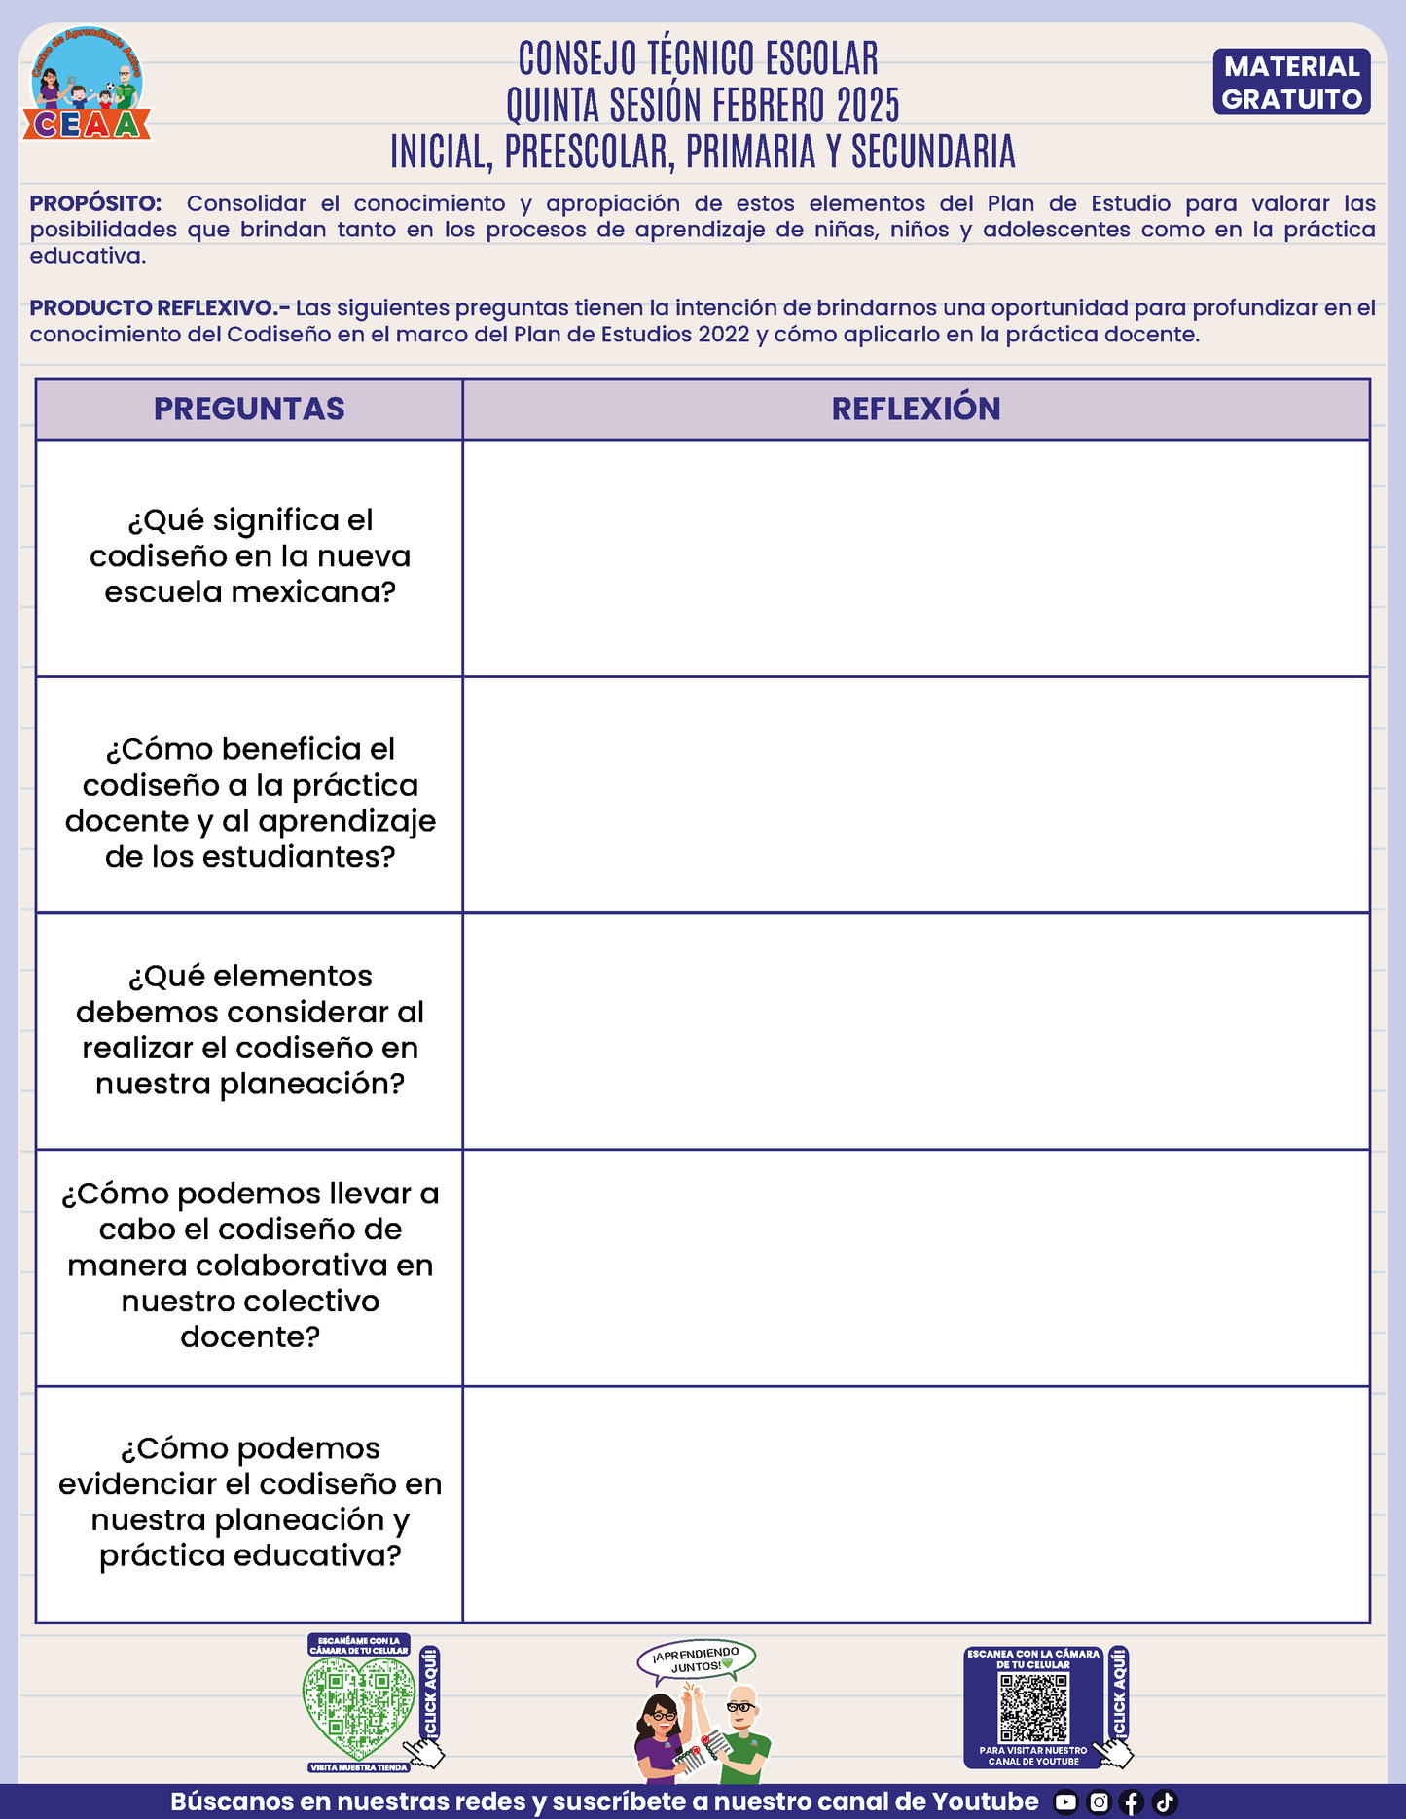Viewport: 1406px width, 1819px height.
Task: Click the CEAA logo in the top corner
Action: pos(88,86)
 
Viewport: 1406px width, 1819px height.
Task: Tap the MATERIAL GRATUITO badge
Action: pos(1291,83)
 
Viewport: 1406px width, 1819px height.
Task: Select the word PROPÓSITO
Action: pos(95,204)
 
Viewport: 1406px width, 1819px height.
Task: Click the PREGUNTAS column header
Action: pos(249,409)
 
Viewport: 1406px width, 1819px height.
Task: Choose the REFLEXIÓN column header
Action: pos(916,409)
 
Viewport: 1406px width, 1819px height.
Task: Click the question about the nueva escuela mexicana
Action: pos(250,556)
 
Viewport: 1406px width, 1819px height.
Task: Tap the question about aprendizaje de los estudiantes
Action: pos(250,802)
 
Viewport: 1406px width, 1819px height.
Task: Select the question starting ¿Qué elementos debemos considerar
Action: pos(250,1029)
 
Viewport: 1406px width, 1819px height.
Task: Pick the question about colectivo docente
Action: pos(250,1265)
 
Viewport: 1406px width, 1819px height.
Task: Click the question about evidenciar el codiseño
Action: pos(250,1502)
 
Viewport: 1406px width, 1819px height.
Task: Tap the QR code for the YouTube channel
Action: pos(1033,1707)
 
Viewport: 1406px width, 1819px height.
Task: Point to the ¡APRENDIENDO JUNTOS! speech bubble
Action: pos(696,1660)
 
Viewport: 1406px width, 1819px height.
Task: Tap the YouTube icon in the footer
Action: pos(1066,1802)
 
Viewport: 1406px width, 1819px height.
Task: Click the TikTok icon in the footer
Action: pos(1165,1802)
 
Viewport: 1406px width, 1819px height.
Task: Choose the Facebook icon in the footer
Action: pos(1132,1802)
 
